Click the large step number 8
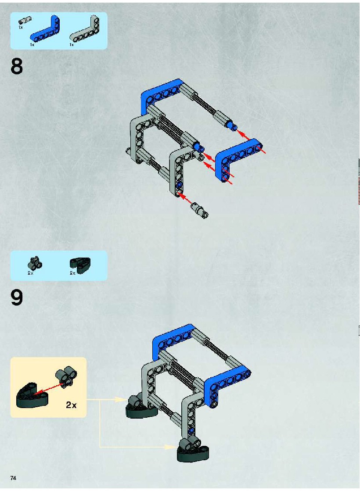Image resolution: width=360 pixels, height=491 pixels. tap(17, 66)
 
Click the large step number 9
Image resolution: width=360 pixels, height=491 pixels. tap(17, 297)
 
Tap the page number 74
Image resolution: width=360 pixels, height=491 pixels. tap(13, 478)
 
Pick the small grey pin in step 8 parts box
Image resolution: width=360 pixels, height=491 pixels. tap(24, 20)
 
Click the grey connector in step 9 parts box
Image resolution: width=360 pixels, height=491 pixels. tap(35, 263)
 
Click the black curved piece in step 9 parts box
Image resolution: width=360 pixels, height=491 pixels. tap(80, 265)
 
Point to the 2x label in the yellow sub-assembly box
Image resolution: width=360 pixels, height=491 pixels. tap(71, 405)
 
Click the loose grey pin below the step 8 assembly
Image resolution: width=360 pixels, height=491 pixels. tap(200, 209)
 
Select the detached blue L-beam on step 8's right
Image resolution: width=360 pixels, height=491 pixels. tap(232, 158)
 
